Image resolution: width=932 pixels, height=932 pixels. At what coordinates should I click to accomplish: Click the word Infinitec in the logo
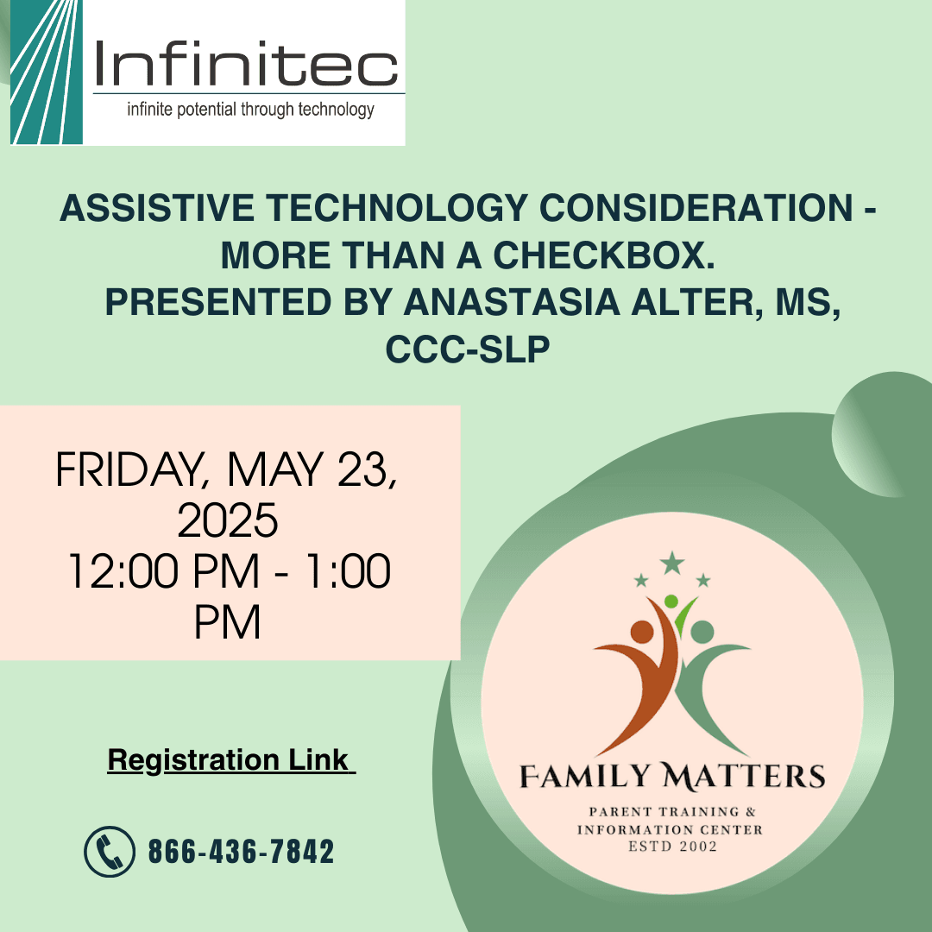click(x=245, y=63)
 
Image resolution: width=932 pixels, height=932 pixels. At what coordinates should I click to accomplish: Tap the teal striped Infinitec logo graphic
click(x=47, y=72)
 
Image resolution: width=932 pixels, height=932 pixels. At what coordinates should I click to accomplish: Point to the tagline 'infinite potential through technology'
click(x=250, y=110)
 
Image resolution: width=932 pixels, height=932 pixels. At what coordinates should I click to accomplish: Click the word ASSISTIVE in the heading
click(x=157, y=208)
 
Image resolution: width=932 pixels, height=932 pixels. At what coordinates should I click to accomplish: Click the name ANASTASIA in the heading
click(x=512, y=302)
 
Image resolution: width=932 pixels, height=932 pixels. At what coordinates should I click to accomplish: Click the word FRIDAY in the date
click(x=129, y=470)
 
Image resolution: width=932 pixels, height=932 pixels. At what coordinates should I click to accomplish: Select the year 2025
click(x=228, y=520)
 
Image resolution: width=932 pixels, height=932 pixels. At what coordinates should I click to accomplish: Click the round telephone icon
click(x=110, y=851)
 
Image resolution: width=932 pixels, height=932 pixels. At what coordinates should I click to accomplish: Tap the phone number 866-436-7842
click(x=241, y=851)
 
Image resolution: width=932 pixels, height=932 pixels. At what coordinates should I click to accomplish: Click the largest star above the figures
click(x=671, y=563)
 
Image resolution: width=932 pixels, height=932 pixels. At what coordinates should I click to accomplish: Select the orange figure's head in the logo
click(x=642, y=632)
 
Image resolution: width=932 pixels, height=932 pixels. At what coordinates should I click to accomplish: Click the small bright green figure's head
click(x=671, y=601)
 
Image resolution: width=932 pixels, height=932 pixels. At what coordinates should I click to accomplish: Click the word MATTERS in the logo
click(x=744, y=777)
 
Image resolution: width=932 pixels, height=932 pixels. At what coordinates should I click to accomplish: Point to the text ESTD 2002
click(x=672, y=847)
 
